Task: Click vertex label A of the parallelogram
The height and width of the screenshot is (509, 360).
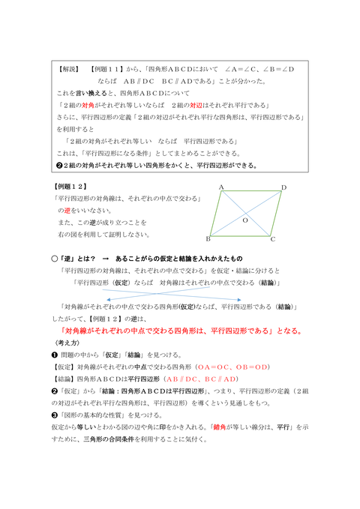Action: click(222, 187)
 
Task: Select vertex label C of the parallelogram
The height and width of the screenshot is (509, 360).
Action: click(273, 239)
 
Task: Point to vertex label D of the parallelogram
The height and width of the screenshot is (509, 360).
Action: click(283, 187)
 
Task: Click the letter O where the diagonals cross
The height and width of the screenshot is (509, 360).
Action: click(244, 220)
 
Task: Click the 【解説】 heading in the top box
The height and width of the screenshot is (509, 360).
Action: click(67, 68)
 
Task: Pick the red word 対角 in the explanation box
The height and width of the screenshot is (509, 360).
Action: click(88, 105)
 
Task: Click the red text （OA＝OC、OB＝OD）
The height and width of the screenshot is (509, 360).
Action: click(232, 367)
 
